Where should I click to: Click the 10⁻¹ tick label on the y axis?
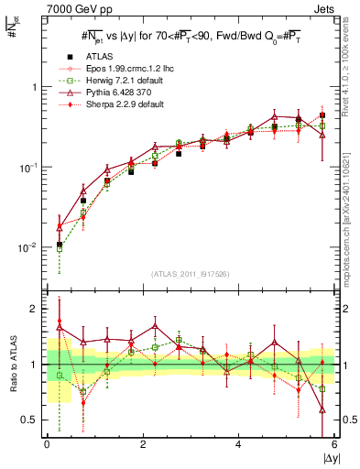tap(28, 168)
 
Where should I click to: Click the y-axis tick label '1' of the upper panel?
tap(35, 87)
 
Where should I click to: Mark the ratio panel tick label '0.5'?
tap(30, 420)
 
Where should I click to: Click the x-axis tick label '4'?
tap(239, 444)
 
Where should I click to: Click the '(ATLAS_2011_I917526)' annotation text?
tap(191, 273)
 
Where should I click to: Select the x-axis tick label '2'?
tap(143, 444)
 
